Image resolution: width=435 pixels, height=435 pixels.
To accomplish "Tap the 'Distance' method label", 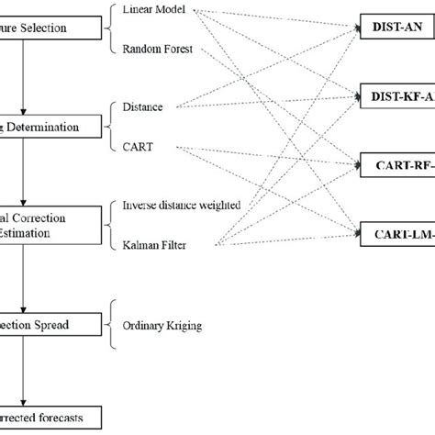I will click(x=142, y=107).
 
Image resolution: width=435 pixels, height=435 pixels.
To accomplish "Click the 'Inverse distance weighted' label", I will click(x=181, y=205).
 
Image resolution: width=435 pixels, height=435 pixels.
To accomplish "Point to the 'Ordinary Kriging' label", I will click(x=162, y=324).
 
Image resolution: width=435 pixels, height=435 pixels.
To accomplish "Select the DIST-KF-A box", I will click(x=396, y=95).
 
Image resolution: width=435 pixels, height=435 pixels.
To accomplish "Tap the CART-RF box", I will click(x=396, y=165).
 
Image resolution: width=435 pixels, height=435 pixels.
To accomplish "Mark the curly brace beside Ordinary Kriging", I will click(x=112, y=324).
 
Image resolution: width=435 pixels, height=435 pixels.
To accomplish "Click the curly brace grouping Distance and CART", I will click(x=112, y=126).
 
